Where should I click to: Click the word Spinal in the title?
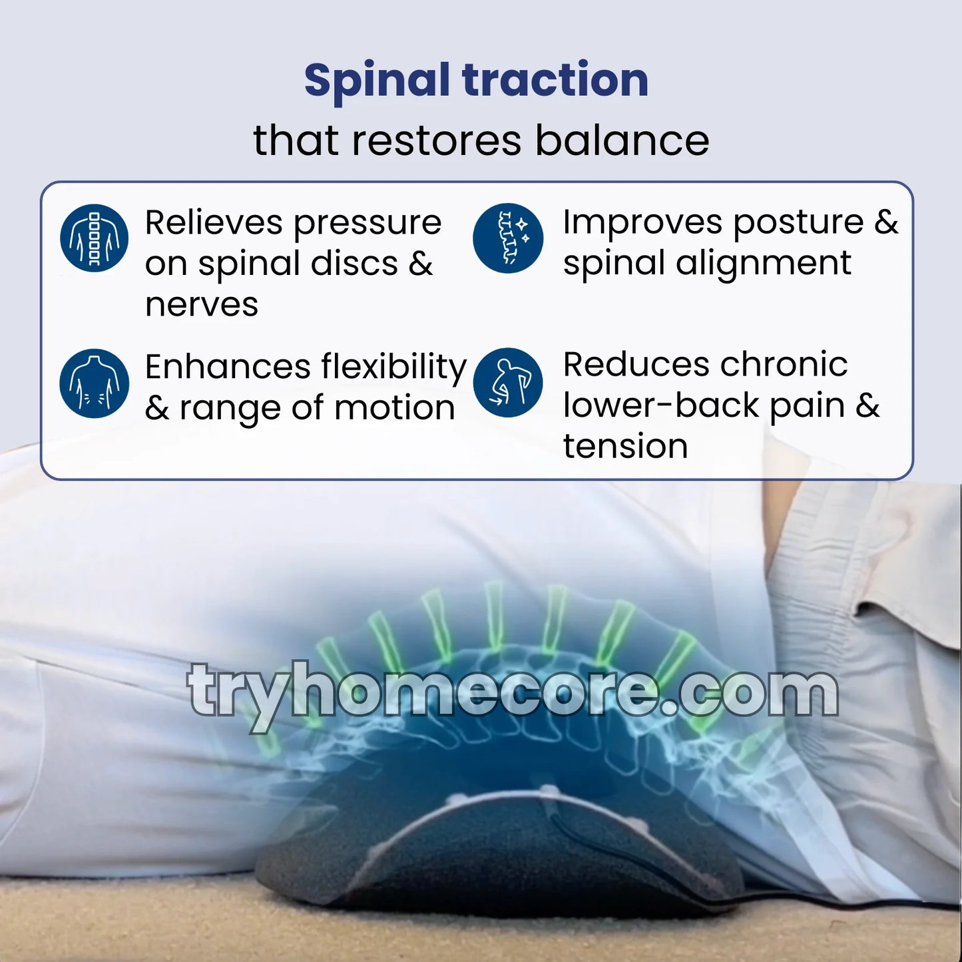pos(377,81)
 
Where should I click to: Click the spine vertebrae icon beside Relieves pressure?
pos(94,238)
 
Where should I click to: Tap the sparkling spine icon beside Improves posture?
pos(508,238)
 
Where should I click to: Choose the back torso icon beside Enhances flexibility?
pos(94,383)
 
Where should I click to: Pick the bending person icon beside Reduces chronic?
pos(508,383)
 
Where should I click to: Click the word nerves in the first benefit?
pos(202,305)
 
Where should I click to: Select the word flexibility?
pos(394,367)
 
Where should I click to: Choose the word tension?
pos(625,446)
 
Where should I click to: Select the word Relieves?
pos(213,222)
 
